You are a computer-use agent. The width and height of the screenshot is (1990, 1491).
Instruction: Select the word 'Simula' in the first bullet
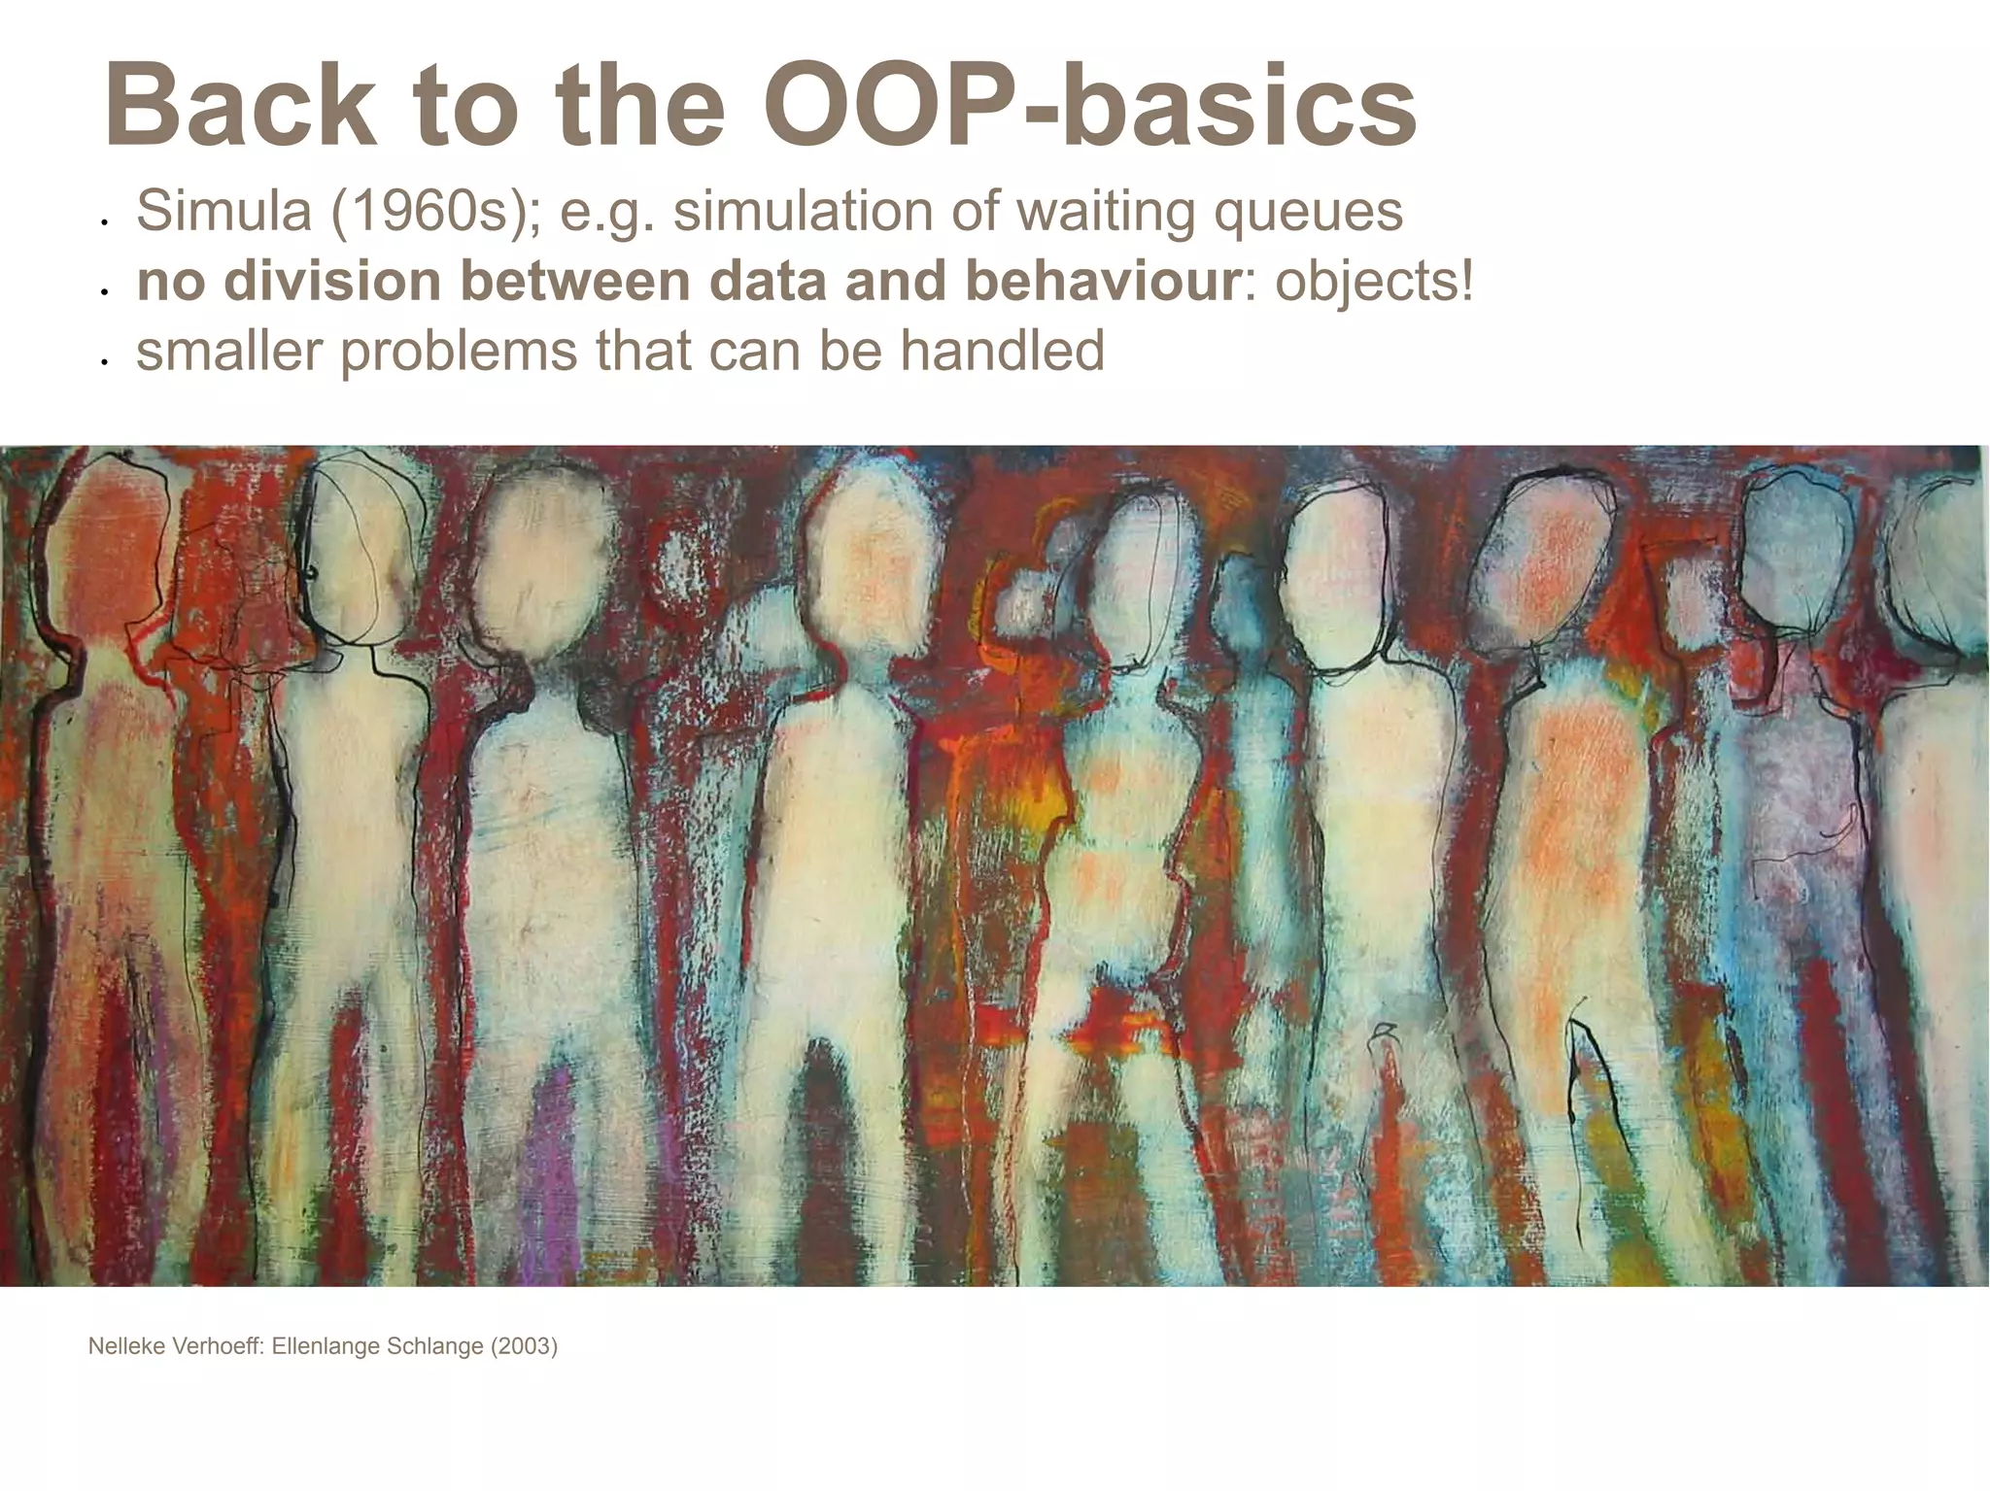[x=223, y=211]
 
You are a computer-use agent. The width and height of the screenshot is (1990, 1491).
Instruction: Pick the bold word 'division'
[x=332, y=281]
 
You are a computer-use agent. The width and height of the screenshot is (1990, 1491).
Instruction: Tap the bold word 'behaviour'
[x=1102, y=281]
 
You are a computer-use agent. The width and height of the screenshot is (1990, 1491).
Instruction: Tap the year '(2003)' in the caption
[x=524, y=1346]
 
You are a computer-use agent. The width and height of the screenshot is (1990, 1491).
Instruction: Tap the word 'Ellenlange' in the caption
[x=326, y=1346]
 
